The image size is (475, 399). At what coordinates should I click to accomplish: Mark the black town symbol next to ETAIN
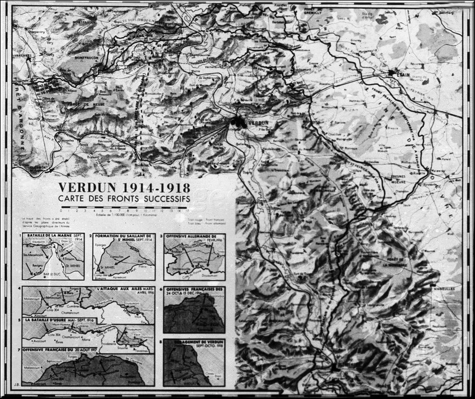[390, 73]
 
